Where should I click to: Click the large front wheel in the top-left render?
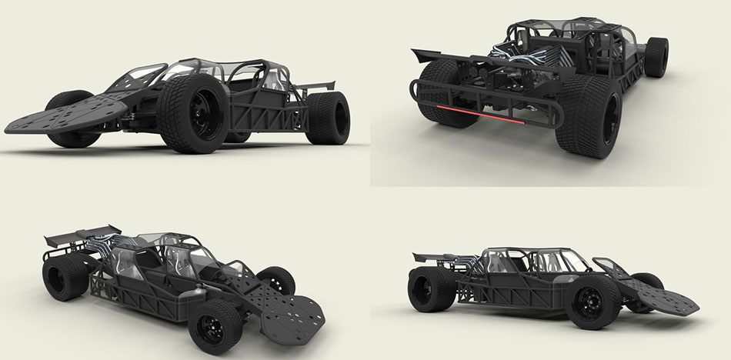(195, 112)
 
